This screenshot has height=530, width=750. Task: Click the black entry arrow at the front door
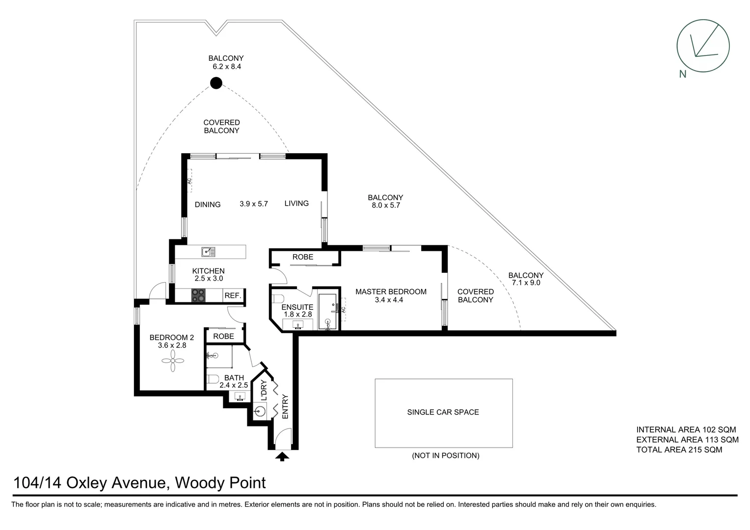[x=282, y=457]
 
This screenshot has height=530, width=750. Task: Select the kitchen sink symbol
[x=208, y=252]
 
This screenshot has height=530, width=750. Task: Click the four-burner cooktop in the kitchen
[x=198, y=295]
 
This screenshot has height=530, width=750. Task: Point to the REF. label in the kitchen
[x=233, y=296]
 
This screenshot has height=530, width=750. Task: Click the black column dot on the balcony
[x=216, y=83]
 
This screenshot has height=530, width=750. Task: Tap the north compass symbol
[x=703, y=46]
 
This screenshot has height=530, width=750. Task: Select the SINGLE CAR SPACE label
[x=443, y=412]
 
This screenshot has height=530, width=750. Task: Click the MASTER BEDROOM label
[x=391, y=291]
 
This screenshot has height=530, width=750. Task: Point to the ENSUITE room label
[x=297, y=307]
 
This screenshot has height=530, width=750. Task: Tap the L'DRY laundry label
[x=264, y=391]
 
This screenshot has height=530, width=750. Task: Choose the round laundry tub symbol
[x=260, y=411]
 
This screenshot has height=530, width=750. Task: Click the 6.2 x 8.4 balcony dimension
[x=226, y=67]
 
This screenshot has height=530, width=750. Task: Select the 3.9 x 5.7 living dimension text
[x=254, y=204]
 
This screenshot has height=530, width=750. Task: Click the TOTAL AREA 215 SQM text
[x=679, y=450]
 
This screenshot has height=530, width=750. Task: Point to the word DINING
[x=208, y=205]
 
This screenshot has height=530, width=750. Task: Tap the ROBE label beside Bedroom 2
[x=223, y=336]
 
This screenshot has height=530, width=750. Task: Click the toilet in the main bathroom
[x=213, y=379]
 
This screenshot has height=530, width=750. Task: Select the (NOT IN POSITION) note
[x=445, y=455]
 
